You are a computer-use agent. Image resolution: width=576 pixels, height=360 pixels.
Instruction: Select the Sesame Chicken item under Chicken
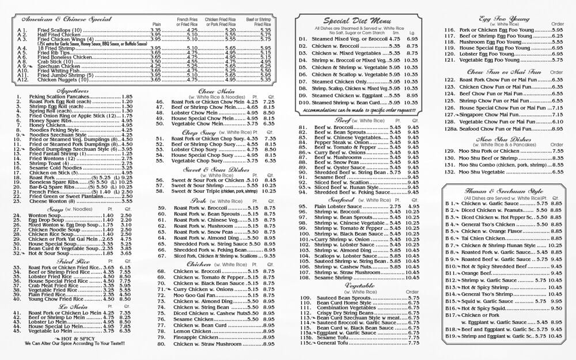coord(190,319)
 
